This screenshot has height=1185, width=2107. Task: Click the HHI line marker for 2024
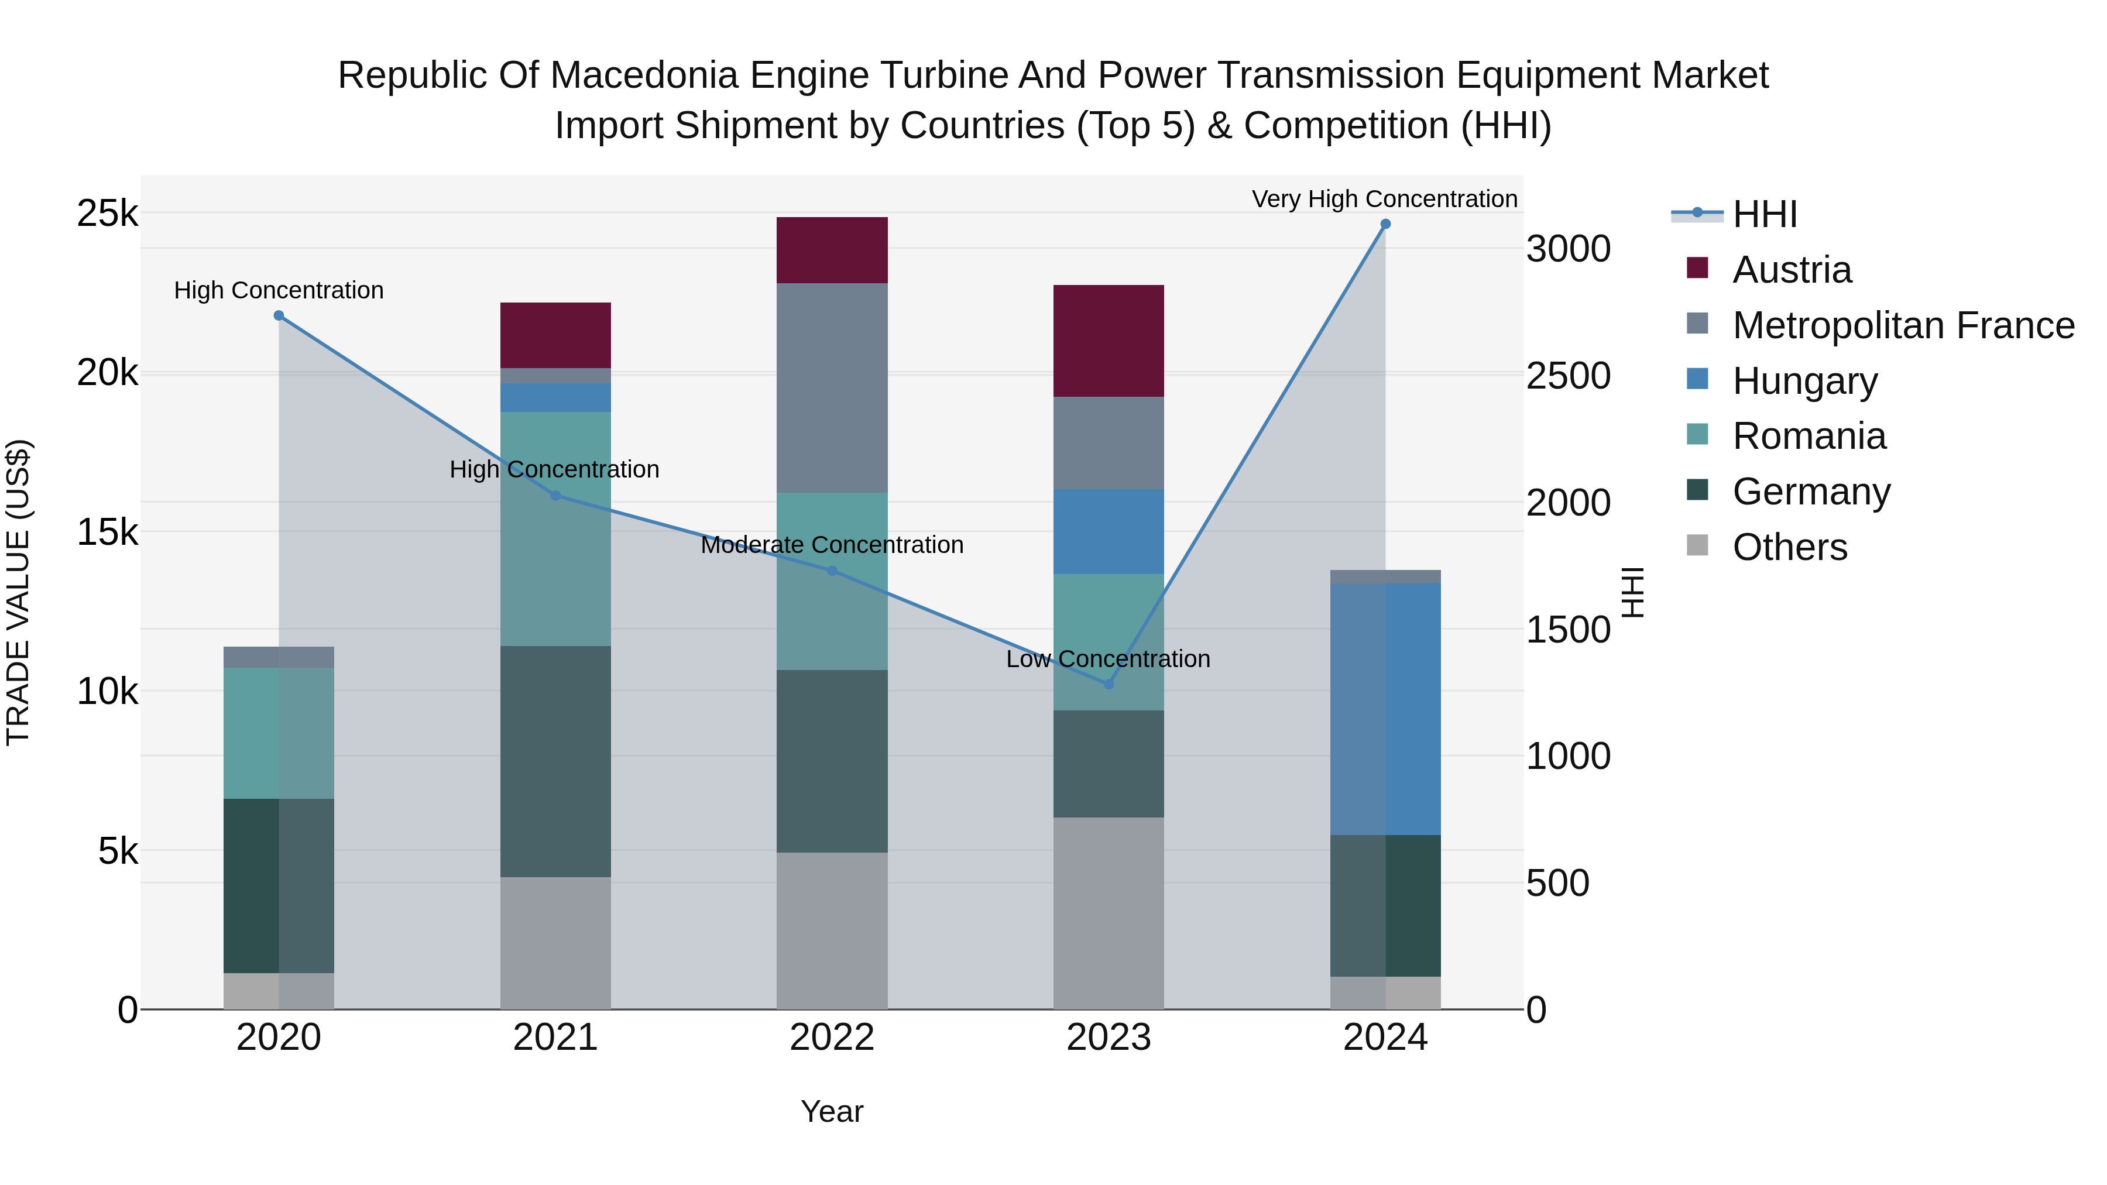(1385, 224)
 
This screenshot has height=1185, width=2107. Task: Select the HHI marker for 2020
(279, 315)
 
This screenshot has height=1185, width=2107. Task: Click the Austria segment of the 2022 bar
(832, 250)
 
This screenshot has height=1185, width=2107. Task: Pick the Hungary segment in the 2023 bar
(1109, 531)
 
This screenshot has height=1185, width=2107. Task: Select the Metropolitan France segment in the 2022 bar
(832, 387)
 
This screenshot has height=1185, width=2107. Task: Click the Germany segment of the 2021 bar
(555, 761)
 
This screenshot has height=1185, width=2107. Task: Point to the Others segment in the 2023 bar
(1109, 913)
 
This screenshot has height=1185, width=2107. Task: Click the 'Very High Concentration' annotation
(1384, 200)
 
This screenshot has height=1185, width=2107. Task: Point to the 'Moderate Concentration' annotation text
(832, 545)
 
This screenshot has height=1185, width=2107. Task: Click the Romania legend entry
(1809, 437)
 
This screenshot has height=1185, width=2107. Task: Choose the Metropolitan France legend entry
(1903, 325)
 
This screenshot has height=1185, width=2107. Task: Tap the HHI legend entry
(1764, 214)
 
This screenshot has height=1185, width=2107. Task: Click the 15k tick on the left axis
(107, 533)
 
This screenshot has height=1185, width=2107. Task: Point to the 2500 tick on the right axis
(1568, 376)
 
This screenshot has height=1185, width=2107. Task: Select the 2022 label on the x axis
(832, 1038)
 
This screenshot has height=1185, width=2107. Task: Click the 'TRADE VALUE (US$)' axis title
(18, 592)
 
